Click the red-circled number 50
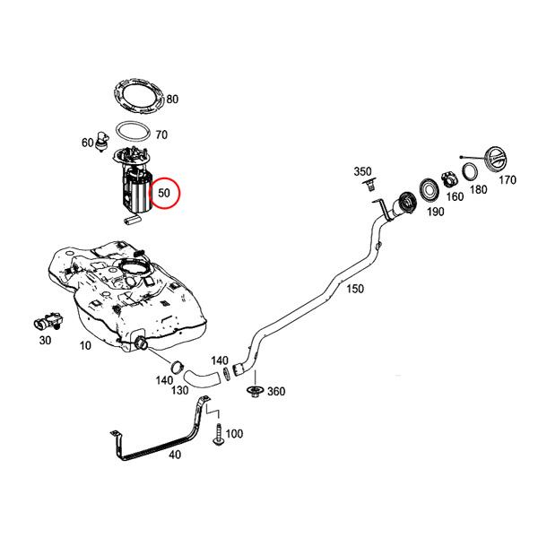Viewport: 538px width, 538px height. [164, 193]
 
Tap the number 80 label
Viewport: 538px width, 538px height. [172, 99]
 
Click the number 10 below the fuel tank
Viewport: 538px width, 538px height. [85, 345]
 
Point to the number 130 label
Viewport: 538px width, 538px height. [180, 391]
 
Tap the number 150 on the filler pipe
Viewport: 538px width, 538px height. [355, 290]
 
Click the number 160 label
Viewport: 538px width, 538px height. [455, 197]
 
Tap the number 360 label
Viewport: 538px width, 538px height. [277, 391]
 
